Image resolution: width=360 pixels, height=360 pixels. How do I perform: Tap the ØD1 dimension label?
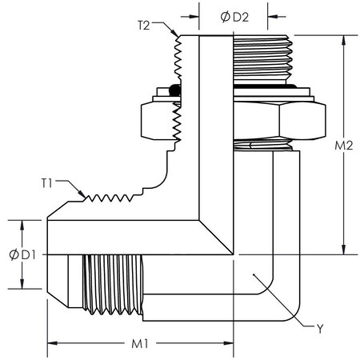point(21,254)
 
